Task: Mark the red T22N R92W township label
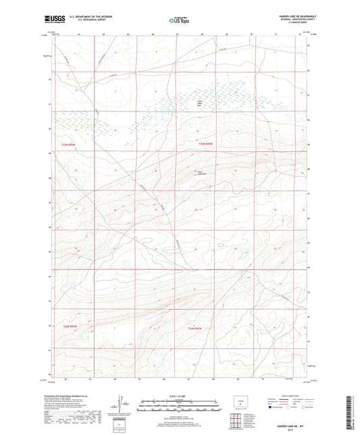(195, 328)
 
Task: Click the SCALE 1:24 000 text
(180, 395)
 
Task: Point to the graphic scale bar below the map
(180, 407)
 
